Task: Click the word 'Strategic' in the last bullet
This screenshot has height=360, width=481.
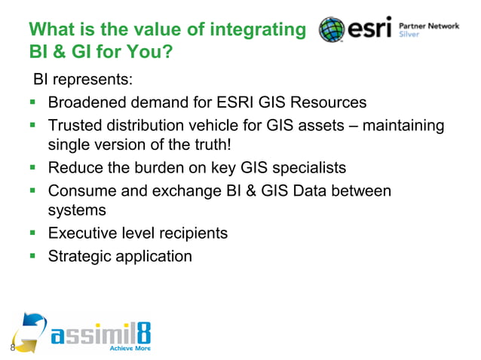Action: (x=79, y=256)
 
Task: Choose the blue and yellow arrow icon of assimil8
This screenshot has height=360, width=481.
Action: (x=29, y=331)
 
